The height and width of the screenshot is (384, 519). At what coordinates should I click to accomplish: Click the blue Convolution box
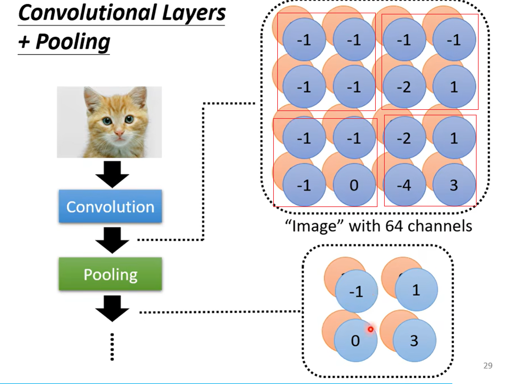tap(110, 206)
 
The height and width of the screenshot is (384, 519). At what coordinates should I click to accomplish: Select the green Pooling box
tap(110, 274)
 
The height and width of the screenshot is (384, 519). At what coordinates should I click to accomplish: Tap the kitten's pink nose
tap(119, 133)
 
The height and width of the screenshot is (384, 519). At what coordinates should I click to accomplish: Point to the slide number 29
tap(488, 366)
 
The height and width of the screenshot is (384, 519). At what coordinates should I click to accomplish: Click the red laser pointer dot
tap(371, 329)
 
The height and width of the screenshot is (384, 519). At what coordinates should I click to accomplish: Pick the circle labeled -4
tap(404, 185)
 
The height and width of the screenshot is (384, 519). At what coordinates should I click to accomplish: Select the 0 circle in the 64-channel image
tap(354, 185)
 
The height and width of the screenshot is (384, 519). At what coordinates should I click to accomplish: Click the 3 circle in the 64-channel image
tap(454, 185)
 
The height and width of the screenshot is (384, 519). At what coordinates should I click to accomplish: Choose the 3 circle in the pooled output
tap(414, 341)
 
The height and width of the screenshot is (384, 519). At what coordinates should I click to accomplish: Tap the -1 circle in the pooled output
tap(356, 291)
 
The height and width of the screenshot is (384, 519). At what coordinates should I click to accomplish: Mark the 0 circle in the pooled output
tap(355, 341)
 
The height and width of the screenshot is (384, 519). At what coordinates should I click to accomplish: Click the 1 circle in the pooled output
tap(416, 290)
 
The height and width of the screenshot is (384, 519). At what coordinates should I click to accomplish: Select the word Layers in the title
tap(194, 13)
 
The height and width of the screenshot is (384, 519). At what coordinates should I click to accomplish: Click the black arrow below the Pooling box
tap(112, 308)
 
